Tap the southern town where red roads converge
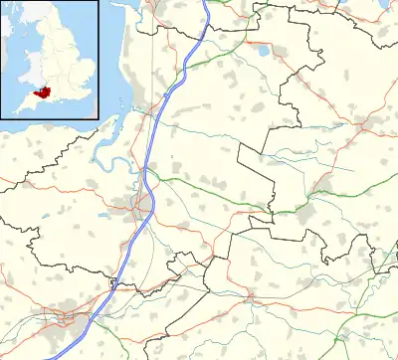pyautogui.click(x=250, y=296)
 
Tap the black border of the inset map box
pyautogui.click(x=99, y=60)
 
